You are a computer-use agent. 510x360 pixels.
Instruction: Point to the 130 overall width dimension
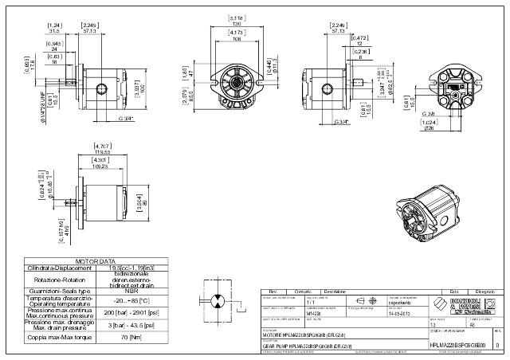coord(237,23)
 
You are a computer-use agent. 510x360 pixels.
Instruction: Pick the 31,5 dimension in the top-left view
coord(57,32)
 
